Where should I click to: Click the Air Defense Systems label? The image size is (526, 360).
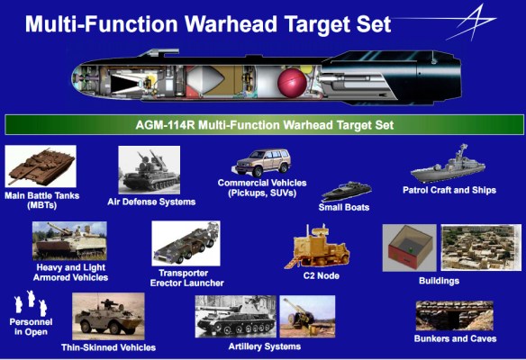pyautogui.click(x=151, y=202)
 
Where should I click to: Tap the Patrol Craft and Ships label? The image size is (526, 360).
pyautogui.click(x=449, y=190)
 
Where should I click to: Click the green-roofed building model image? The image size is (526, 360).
pyautogui.click(x=408, y=247)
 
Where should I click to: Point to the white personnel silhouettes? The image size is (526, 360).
pyautogui.click(x=31, y=303)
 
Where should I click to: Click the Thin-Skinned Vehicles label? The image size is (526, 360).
pyautogui.click(x=108, y=346)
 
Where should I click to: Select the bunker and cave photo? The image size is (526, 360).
pyautogui.click(x=454, y=316)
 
